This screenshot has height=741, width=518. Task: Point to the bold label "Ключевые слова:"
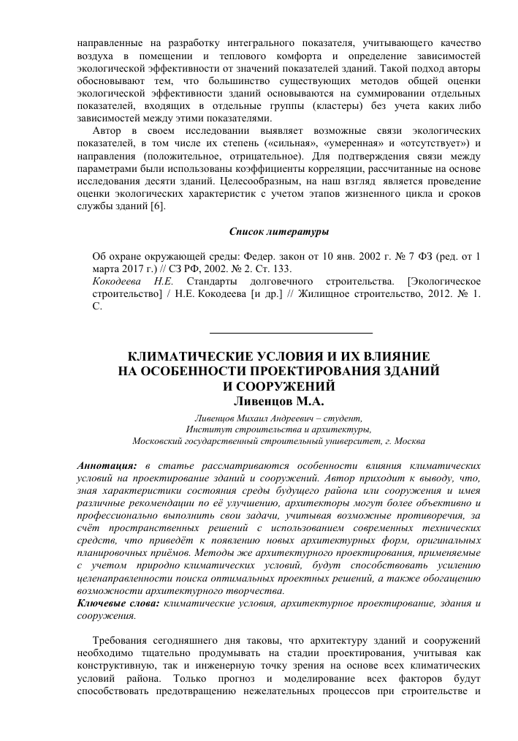[x=119, y=603]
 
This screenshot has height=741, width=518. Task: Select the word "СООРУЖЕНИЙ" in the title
[x=286, y=386]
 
